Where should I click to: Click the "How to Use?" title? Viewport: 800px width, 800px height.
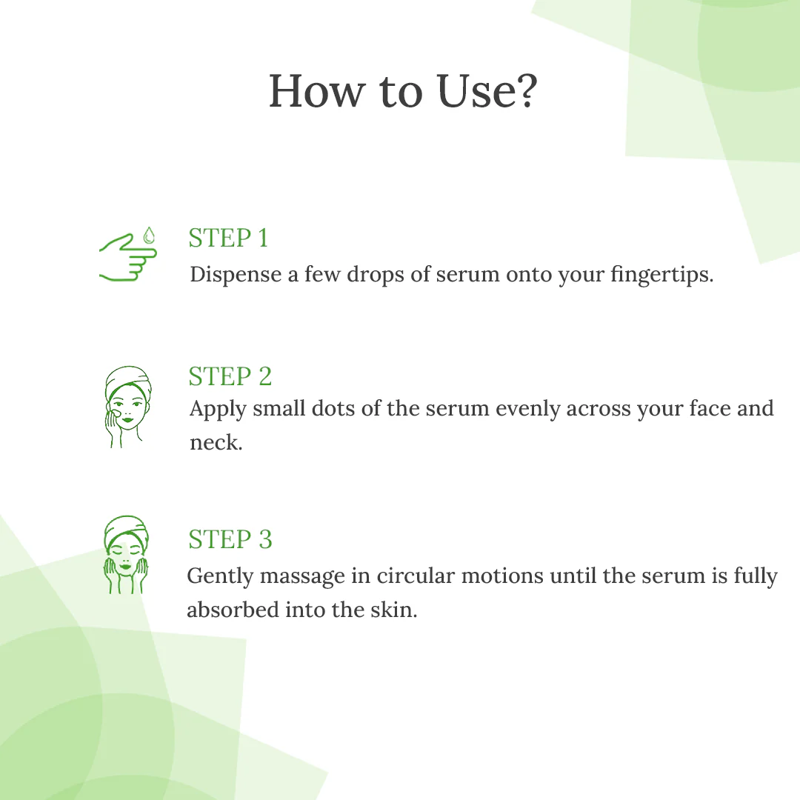(402, 91)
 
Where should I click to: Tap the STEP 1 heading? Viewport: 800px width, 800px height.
(228, 239)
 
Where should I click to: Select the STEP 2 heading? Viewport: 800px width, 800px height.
(230, 376)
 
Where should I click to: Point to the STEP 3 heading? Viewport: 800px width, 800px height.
(230, 539)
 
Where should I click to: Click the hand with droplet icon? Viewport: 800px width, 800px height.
(128, 256)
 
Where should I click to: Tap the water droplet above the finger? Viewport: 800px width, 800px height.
(149, 236)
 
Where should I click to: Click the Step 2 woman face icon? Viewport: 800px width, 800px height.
(127, 407)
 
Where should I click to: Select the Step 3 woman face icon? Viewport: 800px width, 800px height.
(125, 555)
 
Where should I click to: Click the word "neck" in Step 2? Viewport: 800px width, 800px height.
(215, 443)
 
